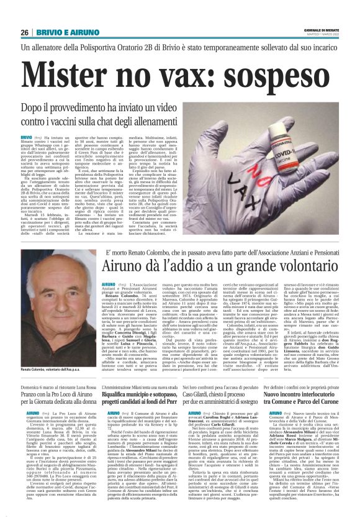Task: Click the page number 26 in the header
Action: [x=24, y=32]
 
